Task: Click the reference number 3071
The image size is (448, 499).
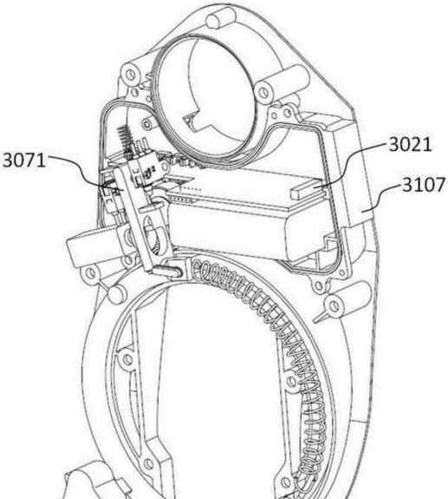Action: click(x=24, y=160)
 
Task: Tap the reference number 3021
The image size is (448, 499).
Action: click(x=410, y=144)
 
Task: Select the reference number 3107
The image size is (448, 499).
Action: click(x=425, y=185)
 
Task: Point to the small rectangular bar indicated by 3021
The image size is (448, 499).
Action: click(x=306, y=190)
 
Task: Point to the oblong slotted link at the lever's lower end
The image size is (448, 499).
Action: click(x=169, y=268)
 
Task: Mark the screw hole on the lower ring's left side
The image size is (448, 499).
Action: click(x=127, y=359)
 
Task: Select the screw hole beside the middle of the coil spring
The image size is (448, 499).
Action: click(x=291, y=381)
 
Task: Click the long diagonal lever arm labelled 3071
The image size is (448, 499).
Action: click(x=134, y=220)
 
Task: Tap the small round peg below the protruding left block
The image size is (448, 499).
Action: click(x=117, y=294)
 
